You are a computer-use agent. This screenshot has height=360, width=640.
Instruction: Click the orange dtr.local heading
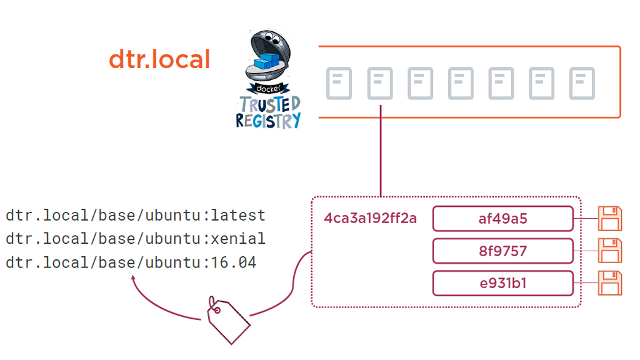159,60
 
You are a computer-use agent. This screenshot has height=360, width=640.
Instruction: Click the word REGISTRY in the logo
268,120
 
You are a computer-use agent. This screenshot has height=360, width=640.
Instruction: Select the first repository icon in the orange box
339,83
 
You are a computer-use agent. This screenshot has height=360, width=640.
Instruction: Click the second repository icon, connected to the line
380,83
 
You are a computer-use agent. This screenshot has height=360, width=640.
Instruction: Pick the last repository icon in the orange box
582,83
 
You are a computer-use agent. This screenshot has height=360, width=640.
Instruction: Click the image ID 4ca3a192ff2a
370,219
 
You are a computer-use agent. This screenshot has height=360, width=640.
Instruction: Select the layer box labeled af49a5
502,219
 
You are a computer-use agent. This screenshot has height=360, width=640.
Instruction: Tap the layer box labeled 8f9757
502,251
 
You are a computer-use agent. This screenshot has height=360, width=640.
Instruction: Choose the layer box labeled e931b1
502,283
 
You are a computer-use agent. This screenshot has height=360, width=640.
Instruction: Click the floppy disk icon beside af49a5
610,219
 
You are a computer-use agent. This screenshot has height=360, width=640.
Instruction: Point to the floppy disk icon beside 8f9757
610,251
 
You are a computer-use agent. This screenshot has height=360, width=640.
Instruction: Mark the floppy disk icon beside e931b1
610,282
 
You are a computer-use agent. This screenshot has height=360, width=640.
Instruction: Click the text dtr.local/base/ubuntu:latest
136,216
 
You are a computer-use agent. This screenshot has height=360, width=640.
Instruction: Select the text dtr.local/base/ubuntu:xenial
136,239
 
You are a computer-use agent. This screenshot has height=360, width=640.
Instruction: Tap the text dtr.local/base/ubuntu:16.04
131,262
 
